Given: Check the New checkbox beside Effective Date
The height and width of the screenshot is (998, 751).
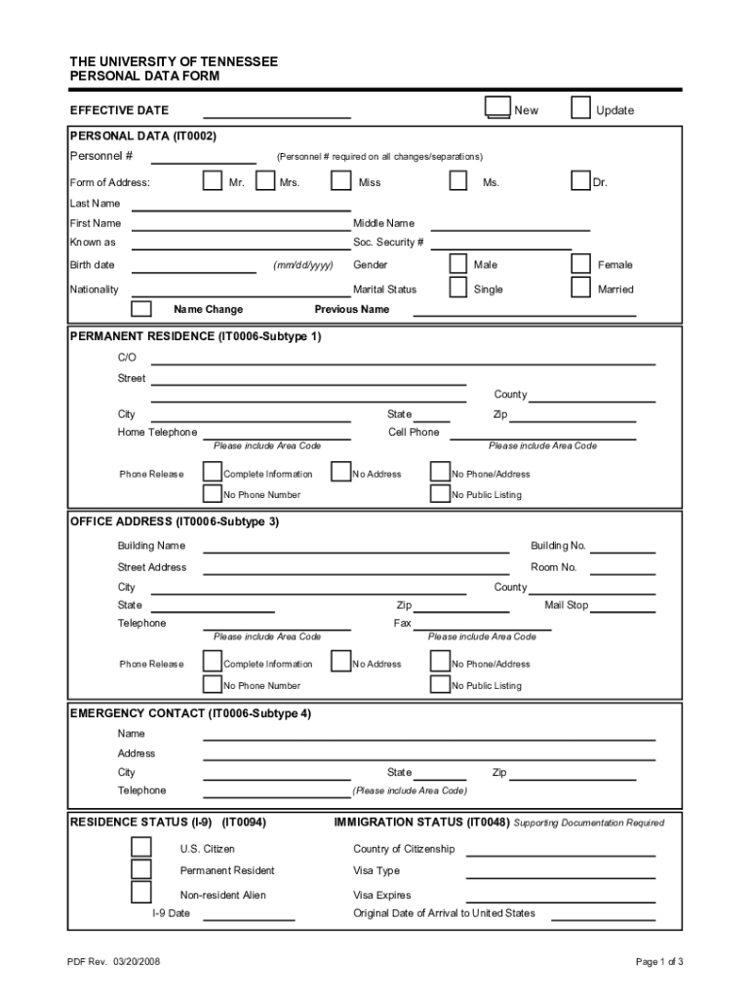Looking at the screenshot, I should click(497, 108).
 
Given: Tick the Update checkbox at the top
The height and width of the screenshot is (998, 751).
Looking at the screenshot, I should click(580, 108).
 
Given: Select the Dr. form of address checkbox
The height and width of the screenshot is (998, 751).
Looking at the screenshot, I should click(580, 180).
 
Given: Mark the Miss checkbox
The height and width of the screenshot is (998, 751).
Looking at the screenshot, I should click(340, 180).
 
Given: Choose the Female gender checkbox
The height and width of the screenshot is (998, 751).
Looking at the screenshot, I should click(580, 264).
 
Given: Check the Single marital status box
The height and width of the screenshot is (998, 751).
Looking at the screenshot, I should click(457, 288).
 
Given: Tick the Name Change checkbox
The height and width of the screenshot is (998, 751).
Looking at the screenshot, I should click(141, 309).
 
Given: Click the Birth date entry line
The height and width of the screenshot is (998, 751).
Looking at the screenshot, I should click(194, 268).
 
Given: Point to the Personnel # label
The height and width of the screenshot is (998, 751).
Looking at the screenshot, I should click(101, 156).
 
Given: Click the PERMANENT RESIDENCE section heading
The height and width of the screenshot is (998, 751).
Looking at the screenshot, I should click(195, 336).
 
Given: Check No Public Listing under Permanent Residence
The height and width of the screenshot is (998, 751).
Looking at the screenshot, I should click(440, 494).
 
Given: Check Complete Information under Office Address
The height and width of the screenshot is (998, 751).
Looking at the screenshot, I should click(212, 663).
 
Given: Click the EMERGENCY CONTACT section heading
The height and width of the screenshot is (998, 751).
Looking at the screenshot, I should click(190, 713).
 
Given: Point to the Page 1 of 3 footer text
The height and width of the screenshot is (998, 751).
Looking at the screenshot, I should click(659, 962).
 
